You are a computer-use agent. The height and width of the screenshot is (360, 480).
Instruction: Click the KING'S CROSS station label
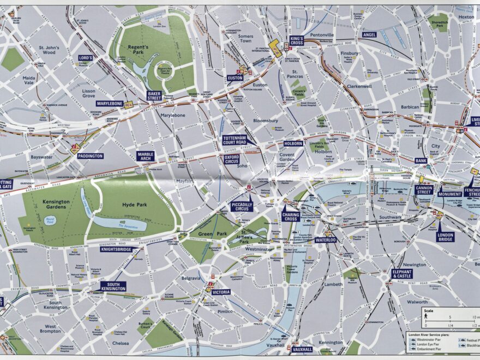point(296,40)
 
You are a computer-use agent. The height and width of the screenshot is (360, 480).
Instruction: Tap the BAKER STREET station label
point(154,95)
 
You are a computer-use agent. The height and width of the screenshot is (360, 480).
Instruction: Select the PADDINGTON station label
point(90,156)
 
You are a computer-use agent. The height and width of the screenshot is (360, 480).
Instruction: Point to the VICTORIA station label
point(221,292)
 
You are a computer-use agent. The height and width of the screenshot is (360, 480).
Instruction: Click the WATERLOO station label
point(326,239)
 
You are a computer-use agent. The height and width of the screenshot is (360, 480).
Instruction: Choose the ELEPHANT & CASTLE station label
point(402,274)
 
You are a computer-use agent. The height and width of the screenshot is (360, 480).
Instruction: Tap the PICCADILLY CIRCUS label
point(241,206)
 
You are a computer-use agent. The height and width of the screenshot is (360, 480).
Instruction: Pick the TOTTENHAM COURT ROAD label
point(235,140)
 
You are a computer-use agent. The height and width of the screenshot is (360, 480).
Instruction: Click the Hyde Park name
point(131,205)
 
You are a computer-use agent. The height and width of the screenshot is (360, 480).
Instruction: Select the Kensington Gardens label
point(56,205)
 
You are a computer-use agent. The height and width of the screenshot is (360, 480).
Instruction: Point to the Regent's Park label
point(138,50)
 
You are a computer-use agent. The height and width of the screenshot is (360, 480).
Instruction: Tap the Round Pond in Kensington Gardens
point(50,220)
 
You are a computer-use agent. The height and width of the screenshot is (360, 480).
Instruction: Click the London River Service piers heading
point(433,334)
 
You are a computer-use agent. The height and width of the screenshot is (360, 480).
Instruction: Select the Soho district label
point(242,165)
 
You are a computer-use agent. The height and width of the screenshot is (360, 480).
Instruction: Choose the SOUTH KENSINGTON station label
point(113,286)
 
